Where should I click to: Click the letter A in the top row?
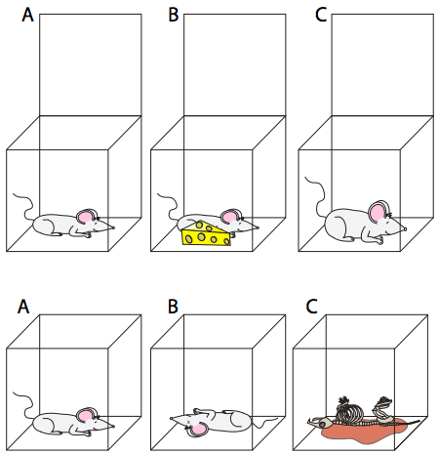27,15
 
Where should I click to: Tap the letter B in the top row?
174,15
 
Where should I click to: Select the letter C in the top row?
321,15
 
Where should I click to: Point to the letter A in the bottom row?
23,307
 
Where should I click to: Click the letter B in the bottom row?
173,307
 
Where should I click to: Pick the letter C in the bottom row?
312,307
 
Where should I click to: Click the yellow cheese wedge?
206,233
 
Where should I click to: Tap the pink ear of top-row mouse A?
85,217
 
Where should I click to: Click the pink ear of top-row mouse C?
378,211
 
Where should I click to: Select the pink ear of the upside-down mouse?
198,430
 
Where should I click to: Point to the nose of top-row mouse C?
405,228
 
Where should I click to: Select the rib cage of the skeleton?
350,411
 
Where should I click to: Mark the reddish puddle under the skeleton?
364,431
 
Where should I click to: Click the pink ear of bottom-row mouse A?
85,416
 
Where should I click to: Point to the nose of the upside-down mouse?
172,418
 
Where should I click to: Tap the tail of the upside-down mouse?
265,423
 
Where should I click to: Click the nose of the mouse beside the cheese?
258,227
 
